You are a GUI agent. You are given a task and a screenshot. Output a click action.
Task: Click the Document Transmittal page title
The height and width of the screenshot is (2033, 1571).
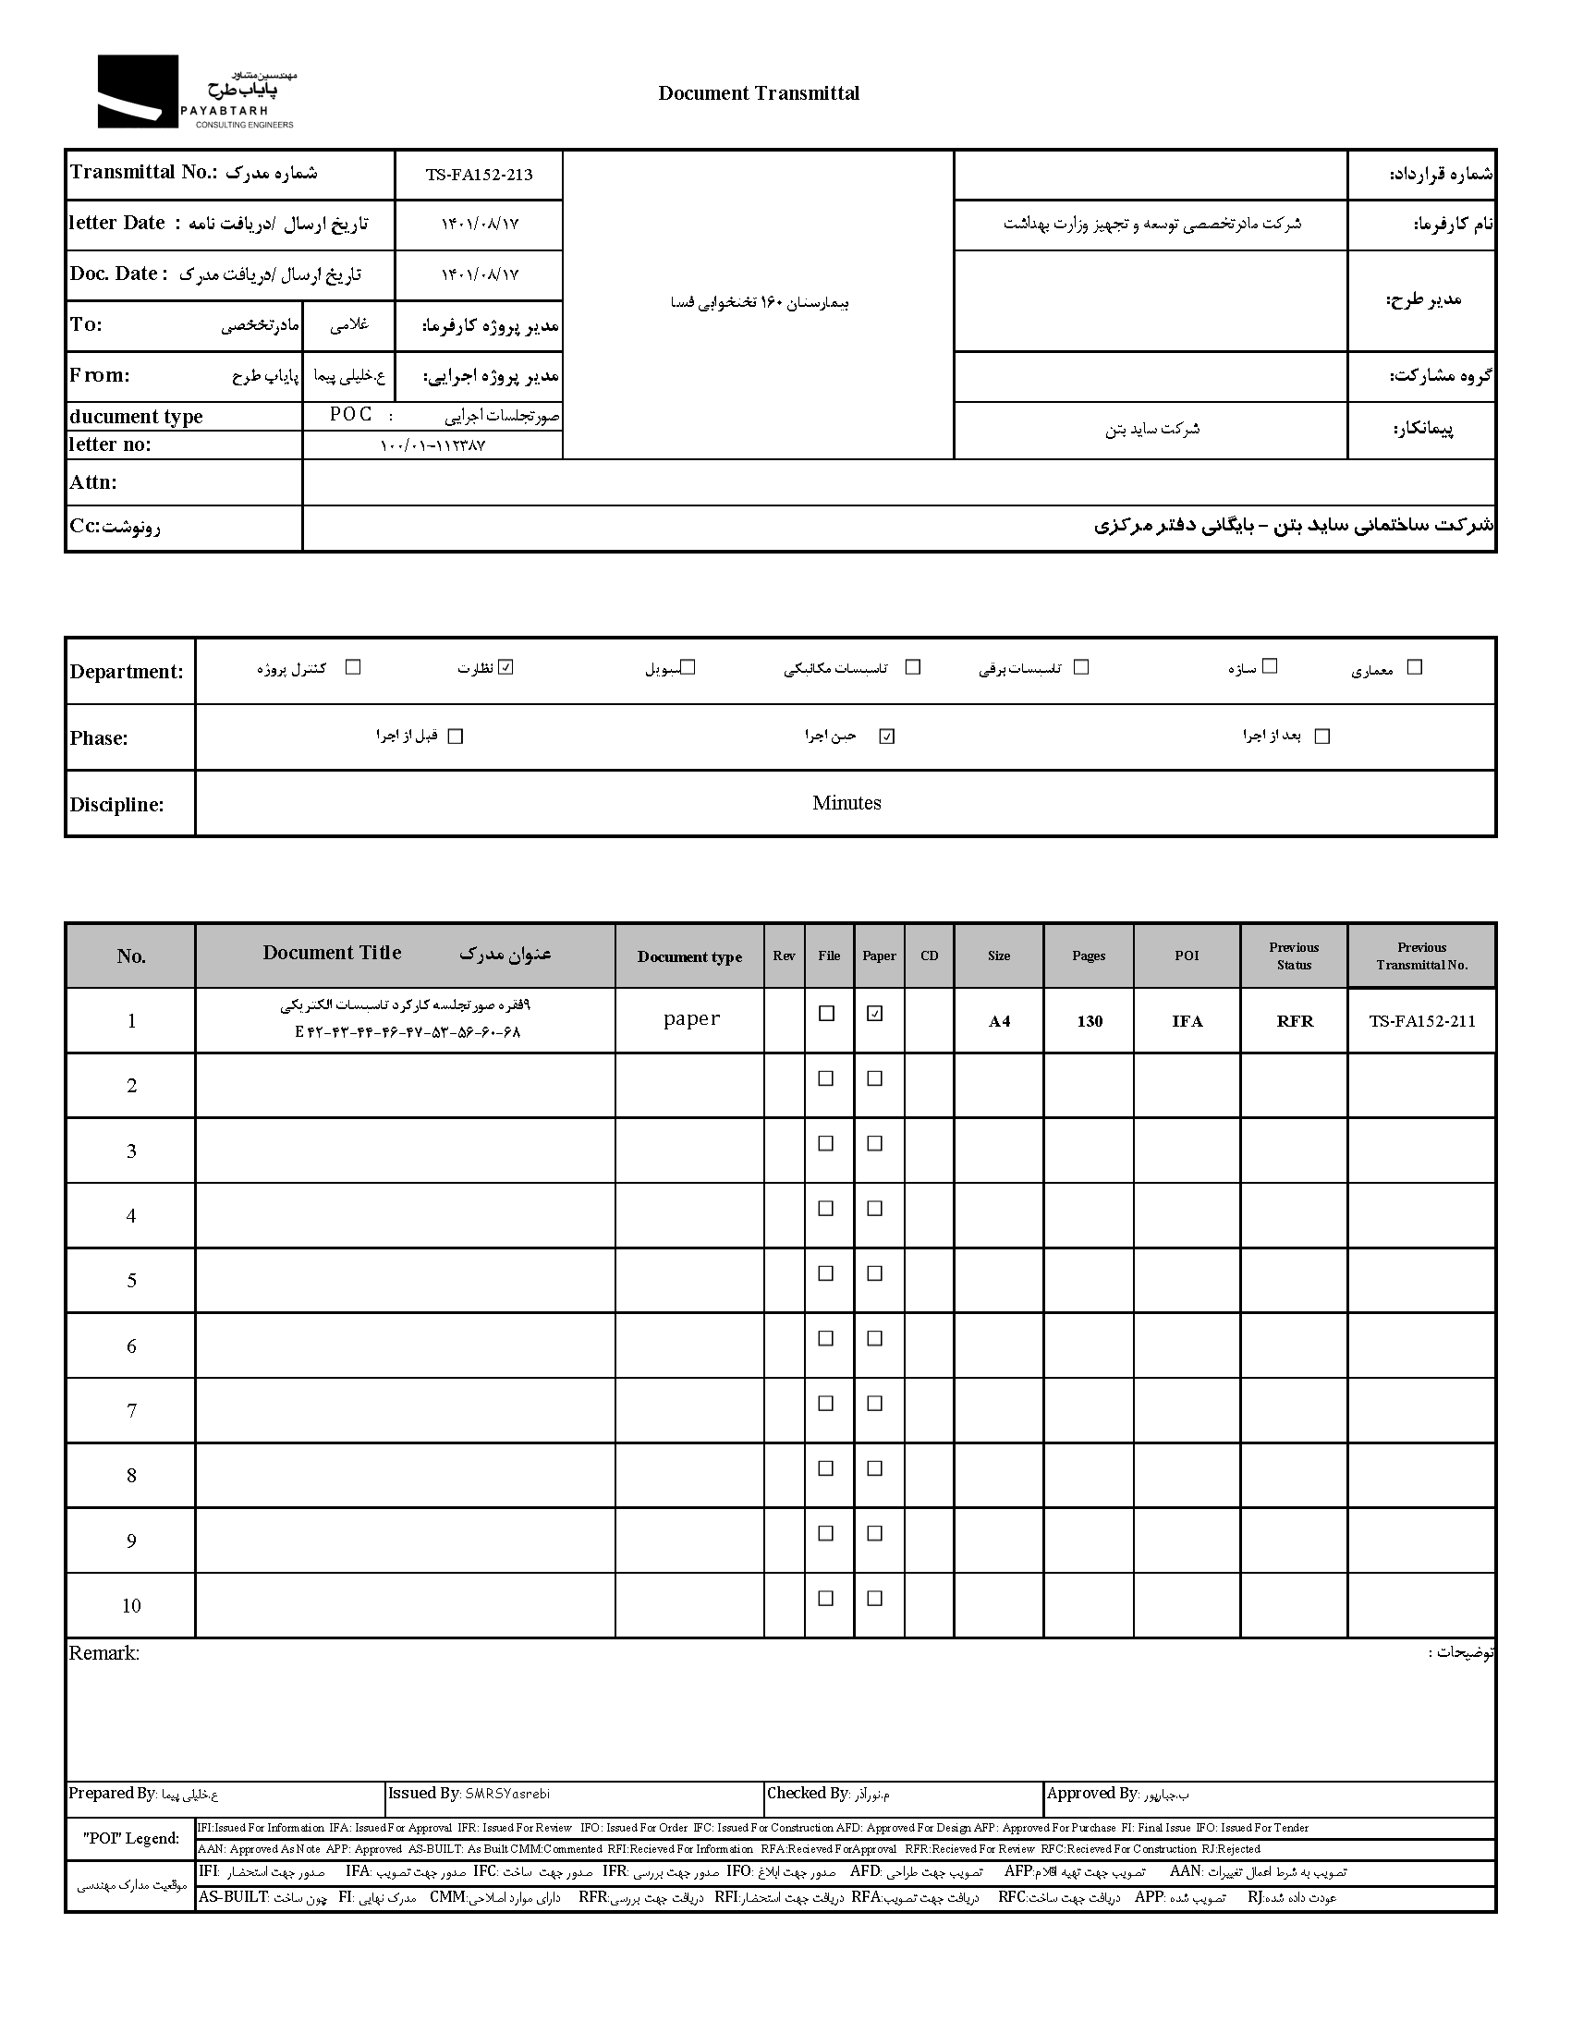pos(759,93)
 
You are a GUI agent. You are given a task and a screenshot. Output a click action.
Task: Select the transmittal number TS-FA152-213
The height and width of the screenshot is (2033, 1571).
pos(480,175)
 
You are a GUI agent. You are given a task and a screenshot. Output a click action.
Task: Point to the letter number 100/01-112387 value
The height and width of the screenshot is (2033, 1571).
pos(432,446)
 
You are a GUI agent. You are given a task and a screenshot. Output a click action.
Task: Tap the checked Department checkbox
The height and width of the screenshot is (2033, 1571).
pos(506,666)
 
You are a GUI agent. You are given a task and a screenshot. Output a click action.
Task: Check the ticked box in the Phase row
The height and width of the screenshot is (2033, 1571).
pos(887,737)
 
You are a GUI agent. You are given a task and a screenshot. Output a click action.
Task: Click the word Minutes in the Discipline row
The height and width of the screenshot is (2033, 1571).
pos(846,802)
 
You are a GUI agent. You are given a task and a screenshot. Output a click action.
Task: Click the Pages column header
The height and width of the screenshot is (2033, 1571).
pos(1088,956)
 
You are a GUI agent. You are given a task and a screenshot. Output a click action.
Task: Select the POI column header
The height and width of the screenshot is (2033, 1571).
pos(1187,956)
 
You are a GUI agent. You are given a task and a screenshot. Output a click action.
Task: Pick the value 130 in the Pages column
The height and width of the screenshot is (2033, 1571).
pos(1089,1021)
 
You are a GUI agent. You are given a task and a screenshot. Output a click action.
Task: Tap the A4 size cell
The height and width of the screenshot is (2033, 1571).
pos(999,1021)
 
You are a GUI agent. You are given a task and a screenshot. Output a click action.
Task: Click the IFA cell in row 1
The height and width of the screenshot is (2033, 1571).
pos(1187,1021)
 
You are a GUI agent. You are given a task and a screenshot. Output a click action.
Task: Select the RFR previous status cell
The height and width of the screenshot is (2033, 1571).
pos(1295,1021)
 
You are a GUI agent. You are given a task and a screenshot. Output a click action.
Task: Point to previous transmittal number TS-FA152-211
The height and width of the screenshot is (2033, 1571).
pos(1422,1021)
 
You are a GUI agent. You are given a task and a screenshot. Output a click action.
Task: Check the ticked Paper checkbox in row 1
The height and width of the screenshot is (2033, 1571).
pos(875,1014)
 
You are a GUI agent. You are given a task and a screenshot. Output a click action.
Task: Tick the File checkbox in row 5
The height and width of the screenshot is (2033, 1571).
pos(825,1273)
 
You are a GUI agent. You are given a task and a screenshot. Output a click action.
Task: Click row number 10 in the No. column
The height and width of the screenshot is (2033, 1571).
pos(131,1605)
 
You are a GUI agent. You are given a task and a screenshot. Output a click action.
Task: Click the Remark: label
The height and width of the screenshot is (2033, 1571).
pos(104,1653)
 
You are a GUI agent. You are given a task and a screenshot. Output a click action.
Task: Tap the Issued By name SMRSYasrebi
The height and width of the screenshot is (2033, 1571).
pos(507,1794)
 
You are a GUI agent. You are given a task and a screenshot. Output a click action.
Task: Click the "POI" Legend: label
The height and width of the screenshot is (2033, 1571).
pos(131,1838)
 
